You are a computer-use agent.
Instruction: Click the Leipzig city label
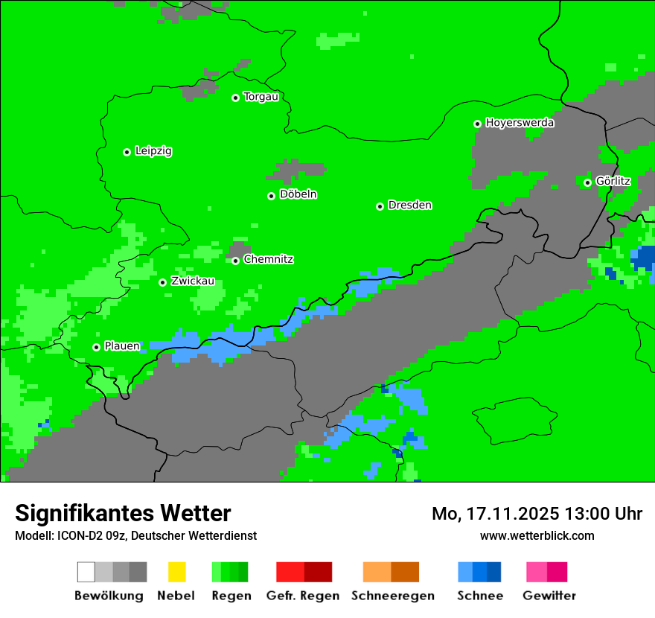pyautogui.click(x=153, y=151)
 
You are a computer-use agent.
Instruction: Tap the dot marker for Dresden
pyautogui.click(x=380, y=206)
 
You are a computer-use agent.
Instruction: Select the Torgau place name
pyautogui.click(x=261, y=97)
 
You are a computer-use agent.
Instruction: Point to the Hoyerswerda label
pyautogui.click(x=520, y=123)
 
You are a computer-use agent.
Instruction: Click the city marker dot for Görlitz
pyautogui.click(x=587, y=182)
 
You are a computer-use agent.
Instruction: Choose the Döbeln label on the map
pyautogui.click(x=298, y=194)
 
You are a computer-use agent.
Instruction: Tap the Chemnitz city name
pyautogui.click(x=268, y=260)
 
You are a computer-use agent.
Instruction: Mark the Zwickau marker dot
pyautogui.click(x=162, y=282)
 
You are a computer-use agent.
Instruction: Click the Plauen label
pyautogui.click(x=122, y=346)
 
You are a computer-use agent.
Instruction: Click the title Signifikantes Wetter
pyautogui.click(x=123, y=514)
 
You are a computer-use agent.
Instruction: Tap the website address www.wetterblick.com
pyautogui.click(x=537, y=535)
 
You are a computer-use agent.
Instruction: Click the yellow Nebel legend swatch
pyautogui.click(x=176, y=572)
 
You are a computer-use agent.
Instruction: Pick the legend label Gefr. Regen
pyautogui.click(x=303, y=596)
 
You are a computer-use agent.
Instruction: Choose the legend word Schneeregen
pyautogui.click(x=392, y=596)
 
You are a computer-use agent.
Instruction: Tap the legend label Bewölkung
pyautogui.click(x=109, y=596)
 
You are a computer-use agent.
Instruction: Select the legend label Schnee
pyautogui.click(x=480, y=596)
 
